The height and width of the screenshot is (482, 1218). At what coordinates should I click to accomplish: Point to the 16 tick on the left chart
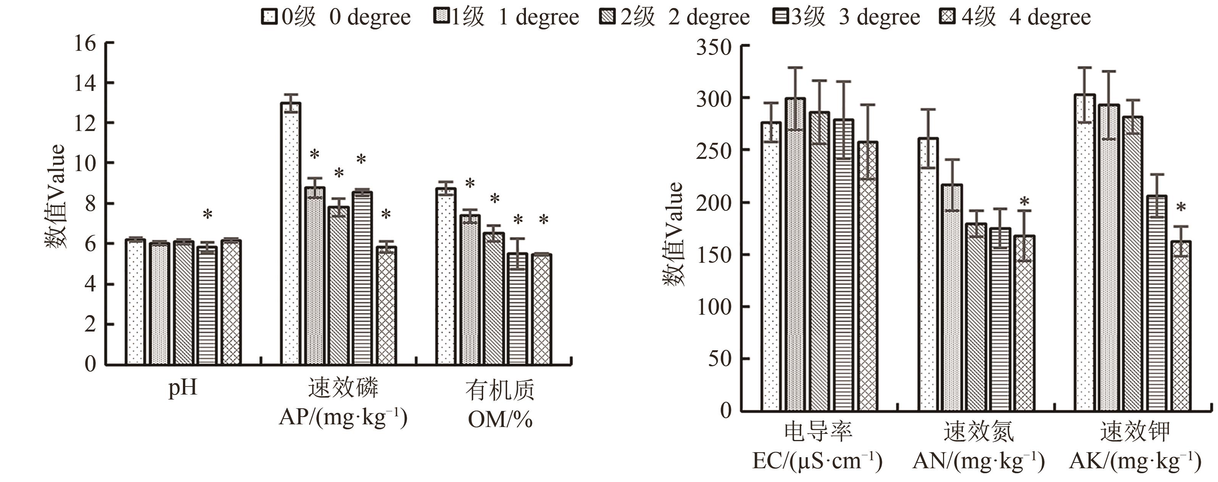click(x=86, y=44)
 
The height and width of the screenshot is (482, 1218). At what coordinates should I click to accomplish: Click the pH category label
click(x=183, y=389)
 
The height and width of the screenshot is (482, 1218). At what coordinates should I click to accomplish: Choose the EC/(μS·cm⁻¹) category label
click(x=817, y=461)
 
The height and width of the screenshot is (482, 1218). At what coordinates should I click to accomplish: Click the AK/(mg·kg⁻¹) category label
click(x=1135, y=461)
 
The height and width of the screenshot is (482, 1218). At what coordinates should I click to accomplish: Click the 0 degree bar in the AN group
click(x=928, y=274)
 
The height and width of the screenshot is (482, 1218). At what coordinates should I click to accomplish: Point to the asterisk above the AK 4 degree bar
click(x=1181, y=208)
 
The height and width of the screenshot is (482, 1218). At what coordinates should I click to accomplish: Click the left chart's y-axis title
click(x=56, y=196)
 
